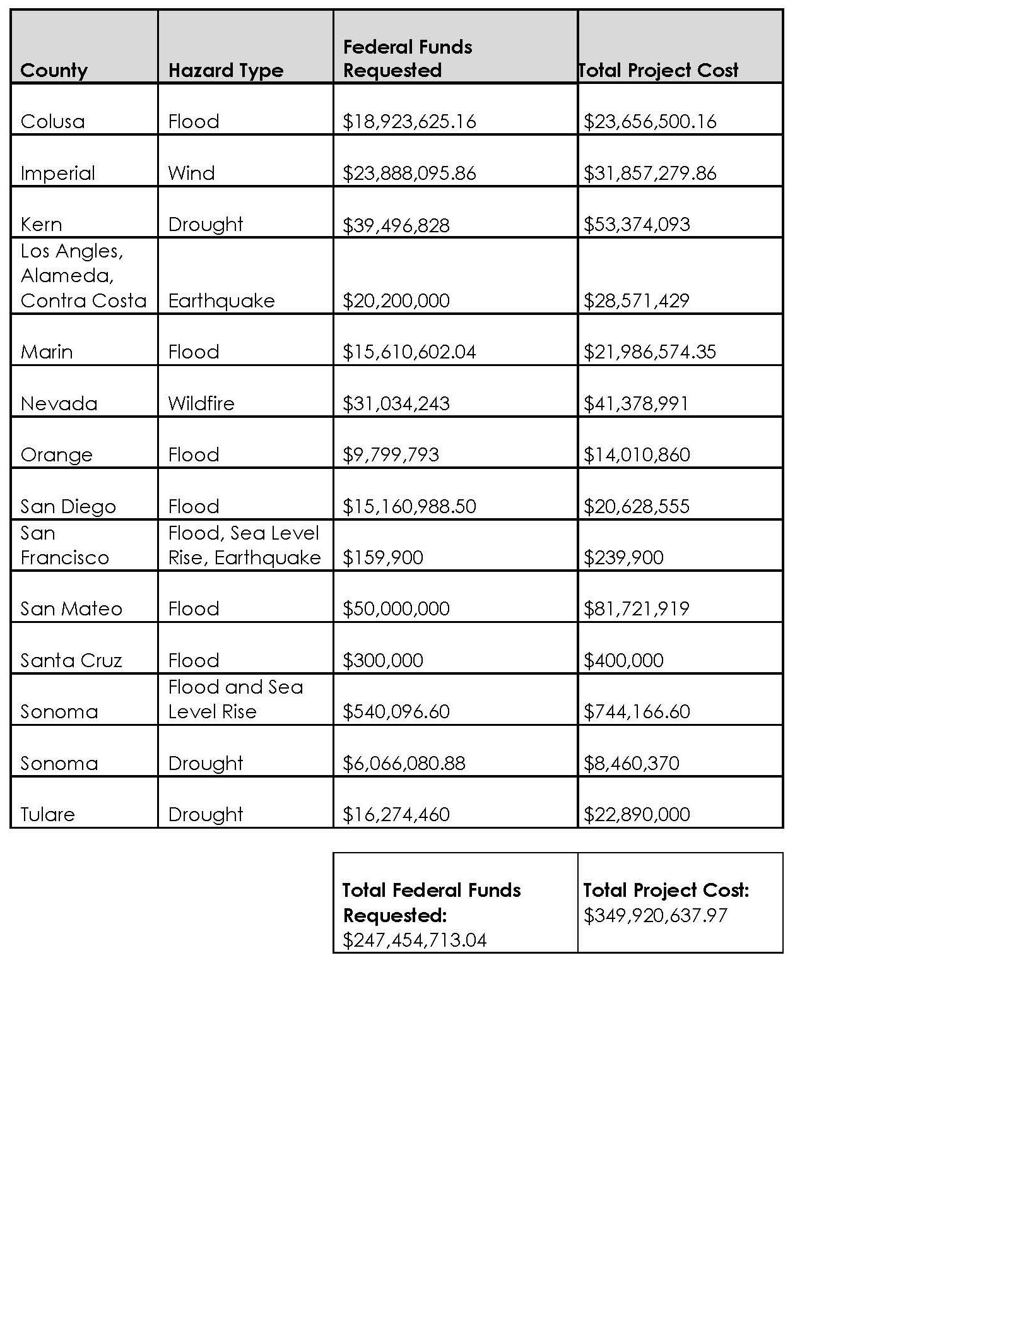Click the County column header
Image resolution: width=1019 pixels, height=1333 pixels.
[54, 70]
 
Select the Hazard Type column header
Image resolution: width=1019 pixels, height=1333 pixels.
[226, 70]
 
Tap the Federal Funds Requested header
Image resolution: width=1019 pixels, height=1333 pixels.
[408, 58]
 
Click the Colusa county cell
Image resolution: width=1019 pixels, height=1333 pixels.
[52, 121]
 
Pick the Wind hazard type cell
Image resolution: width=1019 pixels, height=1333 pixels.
[191, 173]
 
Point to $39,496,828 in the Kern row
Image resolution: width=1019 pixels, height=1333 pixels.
[396, 225]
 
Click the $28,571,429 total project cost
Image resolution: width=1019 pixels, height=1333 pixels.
[636, 300]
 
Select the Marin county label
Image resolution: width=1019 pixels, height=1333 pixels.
[47, 352]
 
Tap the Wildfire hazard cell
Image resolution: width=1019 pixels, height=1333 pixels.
[201, 403]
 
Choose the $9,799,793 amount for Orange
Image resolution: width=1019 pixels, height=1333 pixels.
[391, 454]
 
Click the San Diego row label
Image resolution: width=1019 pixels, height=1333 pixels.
[68, 506]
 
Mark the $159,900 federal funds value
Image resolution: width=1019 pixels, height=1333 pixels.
[382, 557]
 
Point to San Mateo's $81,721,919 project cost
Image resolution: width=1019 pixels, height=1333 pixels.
[636, 608]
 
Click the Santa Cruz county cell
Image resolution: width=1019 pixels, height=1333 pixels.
[71, 660]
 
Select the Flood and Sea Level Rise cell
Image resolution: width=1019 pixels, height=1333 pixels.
[235, 699]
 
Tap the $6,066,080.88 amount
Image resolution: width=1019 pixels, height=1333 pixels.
[404, 763]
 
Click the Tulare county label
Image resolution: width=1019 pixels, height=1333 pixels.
[47, 814]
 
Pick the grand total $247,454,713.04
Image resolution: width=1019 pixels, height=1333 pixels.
[415, 940]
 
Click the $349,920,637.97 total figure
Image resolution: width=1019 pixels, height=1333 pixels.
[656, 915]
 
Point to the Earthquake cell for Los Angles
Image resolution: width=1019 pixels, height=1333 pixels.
[221, 300]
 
